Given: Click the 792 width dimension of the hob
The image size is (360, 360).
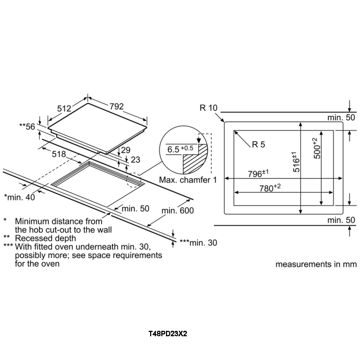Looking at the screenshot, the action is click(116, 106).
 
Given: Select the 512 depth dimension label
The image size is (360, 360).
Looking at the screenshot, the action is click(64, 108).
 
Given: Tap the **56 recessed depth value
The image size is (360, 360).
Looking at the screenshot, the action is click(27, 126).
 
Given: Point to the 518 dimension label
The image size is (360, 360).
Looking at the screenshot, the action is click(59, 154).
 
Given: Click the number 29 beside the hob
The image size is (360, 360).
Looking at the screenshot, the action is click(126, 150).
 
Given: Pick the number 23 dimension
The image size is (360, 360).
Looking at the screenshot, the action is click(135, 159).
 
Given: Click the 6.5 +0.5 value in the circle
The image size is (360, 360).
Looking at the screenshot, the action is click(180, 149).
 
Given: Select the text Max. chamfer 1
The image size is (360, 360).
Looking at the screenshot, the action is click(188, 180).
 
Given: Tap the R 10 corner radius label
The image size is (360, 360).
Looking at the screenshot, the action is click(208, 108).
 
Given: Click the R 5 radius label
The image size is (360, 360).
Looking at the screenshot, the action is click(258, 144).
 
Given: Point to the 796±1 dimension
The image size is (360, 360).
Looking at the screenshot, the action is click(258, 174).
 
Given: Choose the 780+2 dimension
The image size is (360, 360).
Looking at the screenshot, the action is click(270, 188).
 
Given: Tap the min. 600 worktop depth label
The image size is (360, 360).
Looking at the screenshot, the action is click(177, 210).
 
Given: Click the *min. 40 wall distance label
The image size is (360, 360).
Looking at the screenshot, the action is click(19, 197).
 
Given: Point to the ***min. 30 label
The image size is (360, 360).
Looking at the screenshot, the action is click(198, 243).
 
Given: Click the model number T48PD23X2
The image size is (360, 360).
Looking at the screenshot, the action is click(168, 334).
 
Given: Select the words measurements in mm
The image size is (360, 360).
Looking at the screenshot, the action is click(316, 264).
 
